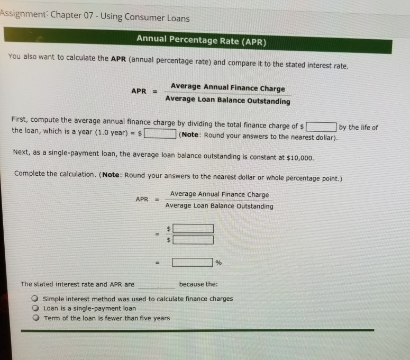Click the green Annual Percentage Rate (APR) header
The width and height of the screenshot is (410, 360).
coord(202,39)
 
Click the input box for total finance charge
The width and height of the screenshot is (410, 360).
coord(321,127)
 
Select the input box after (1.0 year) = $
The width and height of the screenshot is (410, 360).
coord(160,134)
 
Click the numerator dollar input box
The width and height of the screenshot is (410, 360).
coord(193,229)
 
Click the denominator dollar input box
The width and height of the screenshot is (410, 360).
coord(193,240)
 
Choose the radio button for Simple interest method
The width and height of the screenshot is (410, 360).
coord(35,299)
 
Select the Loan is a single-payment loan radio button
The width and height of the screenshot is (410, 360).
coord(35,308)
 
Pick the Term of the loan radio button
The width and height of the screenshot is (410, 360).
coord(35,318)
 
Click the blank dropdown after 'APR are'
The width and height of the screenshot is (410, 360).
coord(156,285)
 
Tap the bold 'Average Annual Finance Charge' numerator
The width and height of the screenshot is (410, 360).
coord(227,88)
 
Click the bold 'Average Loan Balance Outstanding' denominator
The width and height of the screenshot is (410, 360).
coord(227,101)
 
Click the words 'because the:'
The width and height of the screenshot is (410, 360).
coord(198,284)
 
